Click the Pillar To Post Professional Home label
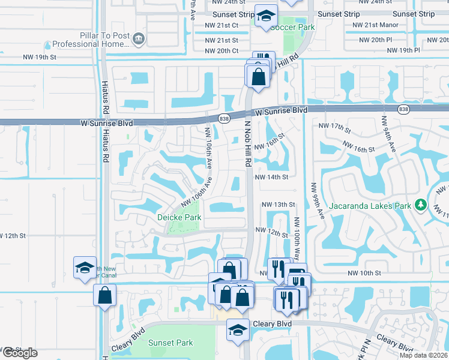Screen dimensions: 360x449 (91, 40)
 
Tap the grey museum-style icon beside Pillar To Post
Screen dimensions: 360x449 (139, 39)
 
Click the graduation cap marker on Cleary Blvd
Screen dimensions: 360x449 (238, 330)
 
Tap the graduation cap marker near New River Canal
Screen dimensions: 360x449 (85, 268)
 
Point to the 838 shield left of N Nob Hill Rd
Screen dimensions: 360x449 (223, 118)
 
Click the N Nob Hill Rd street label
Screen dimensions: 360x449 (247, 151)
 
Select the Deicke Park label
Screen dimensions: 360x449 (179, 217)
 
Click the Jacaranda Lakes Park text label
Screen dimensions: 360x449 (369, 206)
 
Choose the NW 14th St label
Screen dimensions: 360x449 (271, 177)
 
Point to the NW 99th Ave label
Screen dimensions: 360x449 (316, 201)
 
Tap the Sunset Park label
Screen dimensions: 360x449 (171, 343)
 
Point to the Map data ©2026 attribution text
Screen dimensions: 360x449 (423, 355)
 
